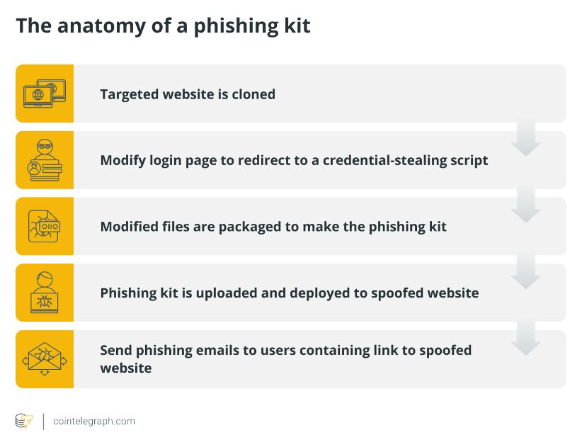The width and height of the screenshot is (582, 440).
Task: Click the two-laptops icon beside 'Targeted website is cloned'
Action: pyautogui.click(x=45, y=94)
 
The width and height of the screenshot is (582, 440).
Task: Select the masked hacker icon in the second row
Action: pyautogui.click(x=45, y=160)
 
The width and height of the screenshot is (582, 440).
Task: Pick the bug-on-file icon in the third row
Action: pyautogui.click(x=44, y=226)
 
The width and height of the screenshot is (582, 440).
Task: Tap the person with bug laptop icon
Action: pyautogui.click(x=45, y=292)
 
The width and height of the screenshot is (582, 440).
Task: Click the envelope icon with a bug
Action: pyautogui.click(x=45, y=359)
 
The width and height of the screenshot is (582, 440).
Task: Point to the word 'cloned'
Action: pyautogui.click(x=253, y=94)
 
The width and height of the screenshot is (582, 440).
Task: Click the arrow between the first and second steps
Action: pyautogui.click(x=525, y=138)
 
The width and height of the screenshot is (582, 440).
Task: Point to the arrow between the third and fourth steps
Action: pyautogui.click(x=525, y=271)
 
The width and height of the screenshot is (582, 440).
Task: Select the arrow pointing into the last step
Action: pyautogui.click(x=525, y=337)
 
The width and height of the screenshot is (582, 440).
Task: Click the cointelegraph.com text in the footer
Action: pyautogui.click(x=94, y=422)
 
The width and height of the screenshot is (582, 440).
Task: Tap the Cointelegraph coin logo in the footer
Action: pyautogui.click(x=24, y=421)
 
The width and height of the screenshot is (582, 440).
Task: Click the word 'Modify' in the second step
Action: pyautogui.click(x=123, y=161)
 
